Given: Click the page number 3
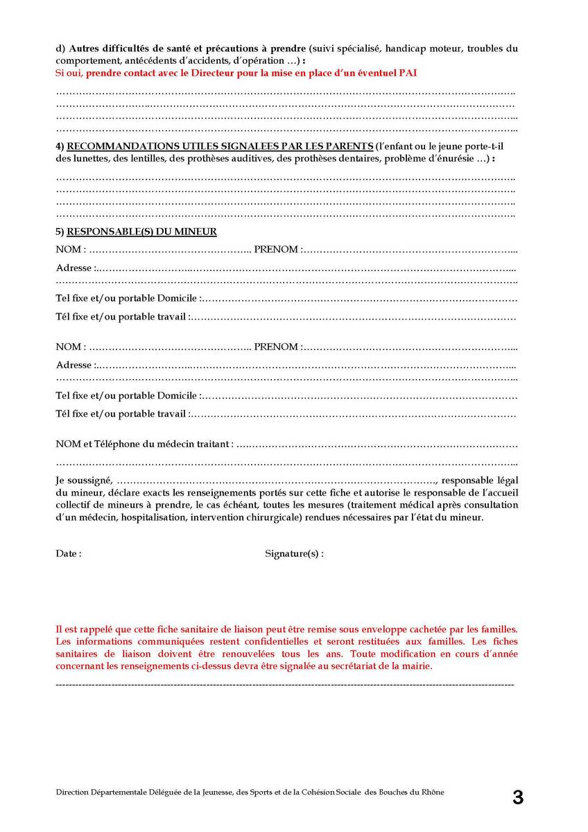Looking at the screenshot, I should coord(517,797).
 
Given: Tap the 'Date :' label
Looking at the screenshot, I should coord(69,553).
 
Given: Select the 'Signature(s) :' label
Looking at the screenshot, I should coord(294,553).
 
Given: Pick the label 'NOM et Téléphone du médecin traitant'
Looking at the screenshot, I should coord(144,444).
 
